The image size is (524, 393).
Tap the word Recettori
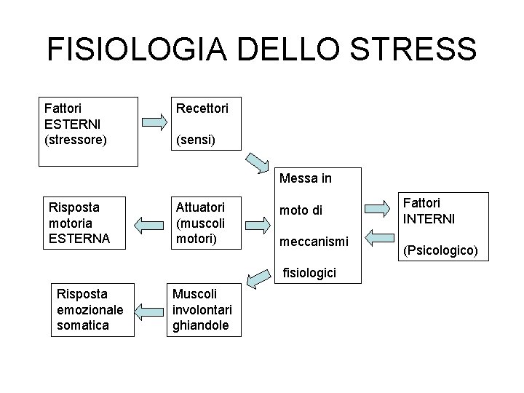(x=200, y=108)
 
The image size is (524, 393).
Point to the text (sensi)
(x=191, y=138)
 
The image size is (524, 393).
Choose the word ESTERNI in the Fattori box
(x=71, y=123)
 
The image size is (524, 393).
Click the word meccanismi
(x=314, y=239)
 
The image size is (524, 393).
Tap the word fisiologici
(x=309, y=273)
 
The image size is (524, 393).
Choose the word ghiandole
(x=200, y=325)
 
